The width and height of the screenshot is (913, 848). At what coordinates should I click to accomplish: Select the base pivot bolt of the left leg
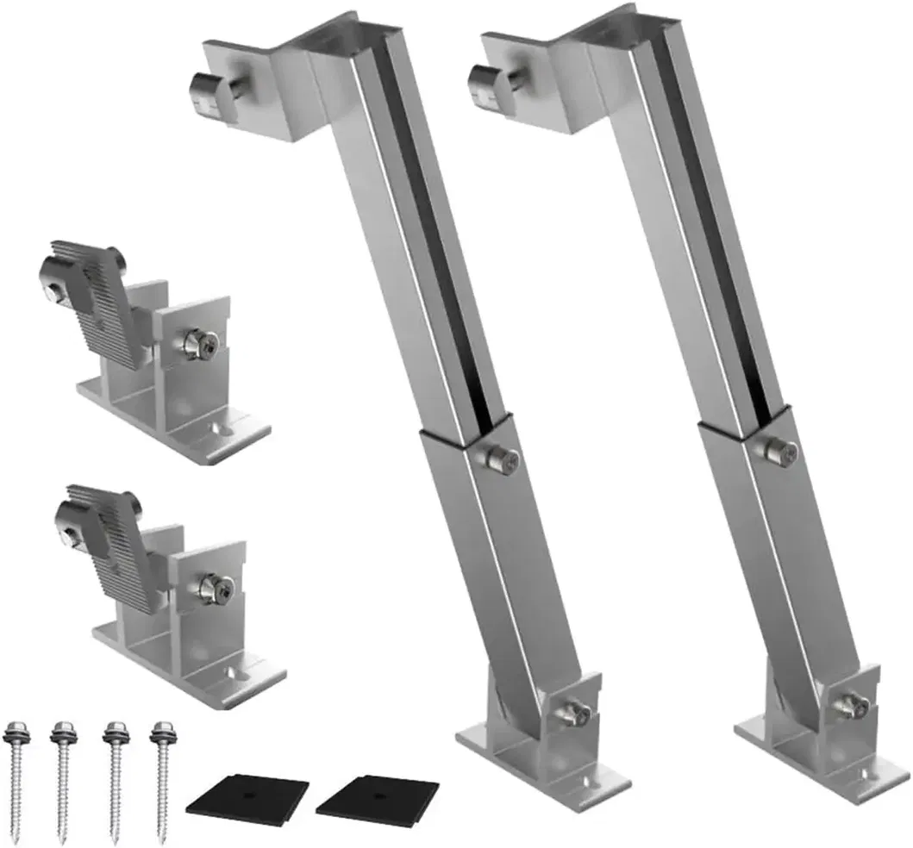pos(575,713)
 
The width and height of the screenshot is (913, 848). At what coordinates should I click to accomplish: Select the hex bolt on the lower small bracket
pos(211,588)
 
